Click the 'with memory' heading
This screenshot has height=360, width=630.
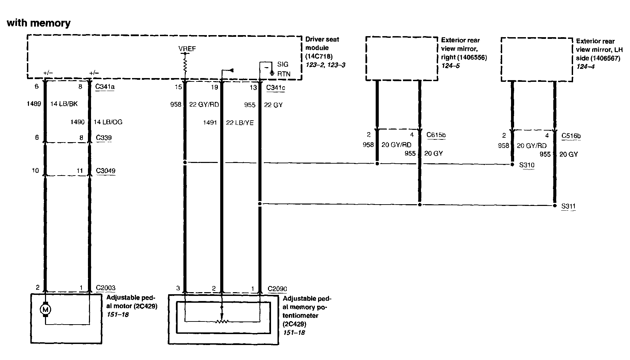pos(39,23)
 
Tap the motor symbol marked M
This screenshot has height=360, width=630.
pos(45,310)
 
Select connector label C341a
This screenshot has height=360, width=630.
pos(105,87)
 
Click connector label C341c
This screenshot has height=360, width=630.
pos(275,88)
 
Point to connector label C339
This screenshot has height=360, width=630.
pos(104,138)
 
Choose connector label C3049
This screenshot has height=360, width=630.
pos(105,171)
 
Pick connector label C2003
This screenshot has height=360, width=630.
pos(105,288)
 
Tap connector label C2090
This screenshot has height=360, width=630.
pos(277,289)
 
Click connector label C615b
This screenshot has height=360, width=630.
pos(436,135)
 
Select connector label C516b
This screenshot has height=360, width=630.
pos(571,136)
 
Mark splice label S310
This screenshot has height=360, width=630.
pos(527,165)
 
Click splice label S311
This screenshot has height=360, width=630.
pos(568,206)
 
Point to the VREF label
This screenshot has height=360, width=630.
pos(187,49)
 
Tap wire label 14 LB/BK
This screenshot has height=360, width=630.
pos(64,104)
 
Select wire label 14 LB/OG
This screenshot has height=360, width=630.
pos(108,122)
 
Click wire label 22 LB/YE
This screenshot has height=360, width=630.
pos(240,123)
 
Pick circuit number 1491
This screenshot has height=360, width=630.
pos(210,123)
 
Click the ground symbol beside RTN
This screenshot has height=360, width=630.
pos(272,73)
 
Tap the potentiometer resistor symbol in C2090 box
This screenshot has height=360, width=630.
pos(222,321)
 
